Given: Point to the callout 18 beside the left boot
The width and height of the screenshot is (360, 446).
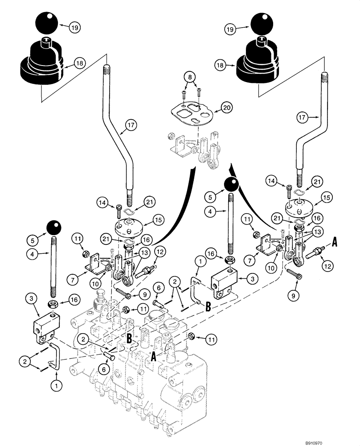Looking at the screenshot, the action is (x=79, y=64).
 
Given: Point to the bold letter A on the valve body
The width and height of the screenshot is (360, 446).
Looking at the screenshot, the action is (x=153, y=357).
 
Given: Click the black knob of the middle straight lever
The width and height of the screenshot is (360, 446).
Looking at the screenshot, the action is (x=231, y=184).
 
